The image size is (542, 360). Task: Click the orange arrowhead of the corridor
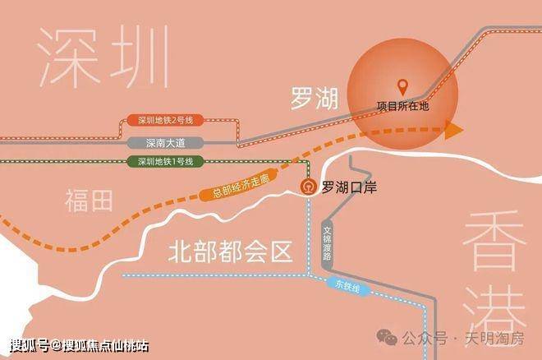(x=452, y=128)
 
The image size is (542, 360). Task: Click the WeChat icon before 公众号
(x=385, y=338)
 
